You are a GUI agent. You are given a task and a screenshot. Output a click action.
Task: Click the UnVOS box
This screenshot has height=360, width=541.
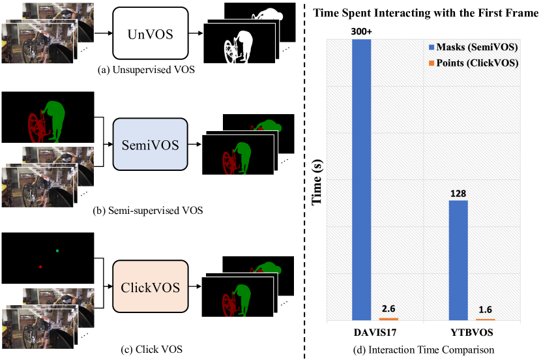pos(151,33)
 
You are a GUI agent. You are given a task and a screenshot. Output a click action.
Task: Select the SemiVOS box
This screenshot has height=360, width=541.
pos(151,144)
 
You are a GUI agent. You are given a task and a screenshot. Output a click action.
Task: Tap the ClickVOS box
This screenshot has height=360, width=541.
pos(151,286)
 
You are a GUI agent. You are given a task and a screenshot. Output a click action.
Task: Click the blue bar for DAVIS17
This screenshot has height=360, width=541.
pos(361,180)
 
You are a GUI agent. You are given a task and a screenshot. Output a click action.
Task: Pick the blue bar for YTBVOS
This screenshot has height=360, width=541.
pos(458,260)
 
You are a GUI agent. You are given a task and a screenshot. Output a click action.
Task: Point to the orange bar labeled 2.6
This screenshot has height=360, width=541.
pos(388,319)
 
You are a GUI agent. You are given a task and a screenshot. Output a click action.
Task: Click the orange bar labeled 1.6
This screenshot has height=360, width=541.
pos(486,320)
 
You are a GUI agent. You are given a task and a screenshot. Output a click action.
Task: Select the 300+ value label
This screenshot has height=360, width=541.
pos(361,31)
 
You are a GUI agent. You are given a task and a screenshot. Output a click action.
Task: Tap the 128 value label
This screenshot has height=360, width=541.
pos(458,194)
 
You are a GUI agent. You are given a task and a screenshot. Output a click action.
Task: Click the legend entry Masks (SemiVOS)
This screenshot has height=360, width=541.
pos(473,47)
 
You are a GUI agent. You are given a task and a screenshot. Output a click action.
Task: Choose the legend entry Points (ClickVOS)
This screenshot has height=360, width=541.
pos(474,63)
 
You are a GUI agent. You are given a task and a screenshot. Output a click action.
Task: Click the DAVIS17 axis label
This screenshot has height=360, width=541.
pos(375,333)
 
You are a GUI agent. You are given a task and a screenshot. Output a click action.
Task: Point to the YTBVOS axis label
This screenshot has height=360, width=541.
pos(472,333)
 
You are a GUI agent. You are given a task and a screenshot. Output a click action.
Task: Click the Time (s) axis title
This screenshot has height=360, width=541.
pos(317,182)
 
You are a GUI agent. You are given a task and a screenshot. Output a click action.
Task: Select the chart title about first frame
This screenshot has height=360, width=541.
pos(426,13)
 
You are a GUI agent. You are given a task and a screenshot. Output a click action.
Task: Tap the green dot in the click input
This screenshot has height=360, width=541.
pos(57,250)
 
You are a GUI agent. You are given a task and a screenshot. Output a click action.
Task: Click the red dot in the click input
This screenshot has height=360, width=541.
pos(40,267)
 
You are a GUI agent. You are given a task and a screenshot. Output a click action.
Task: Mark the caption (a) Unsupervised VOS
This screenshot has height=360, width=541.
pos(146,70)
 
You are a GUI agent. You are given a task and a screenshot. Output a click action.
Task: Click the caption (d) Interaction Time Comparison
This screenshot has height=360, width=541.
pos(424,350)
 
